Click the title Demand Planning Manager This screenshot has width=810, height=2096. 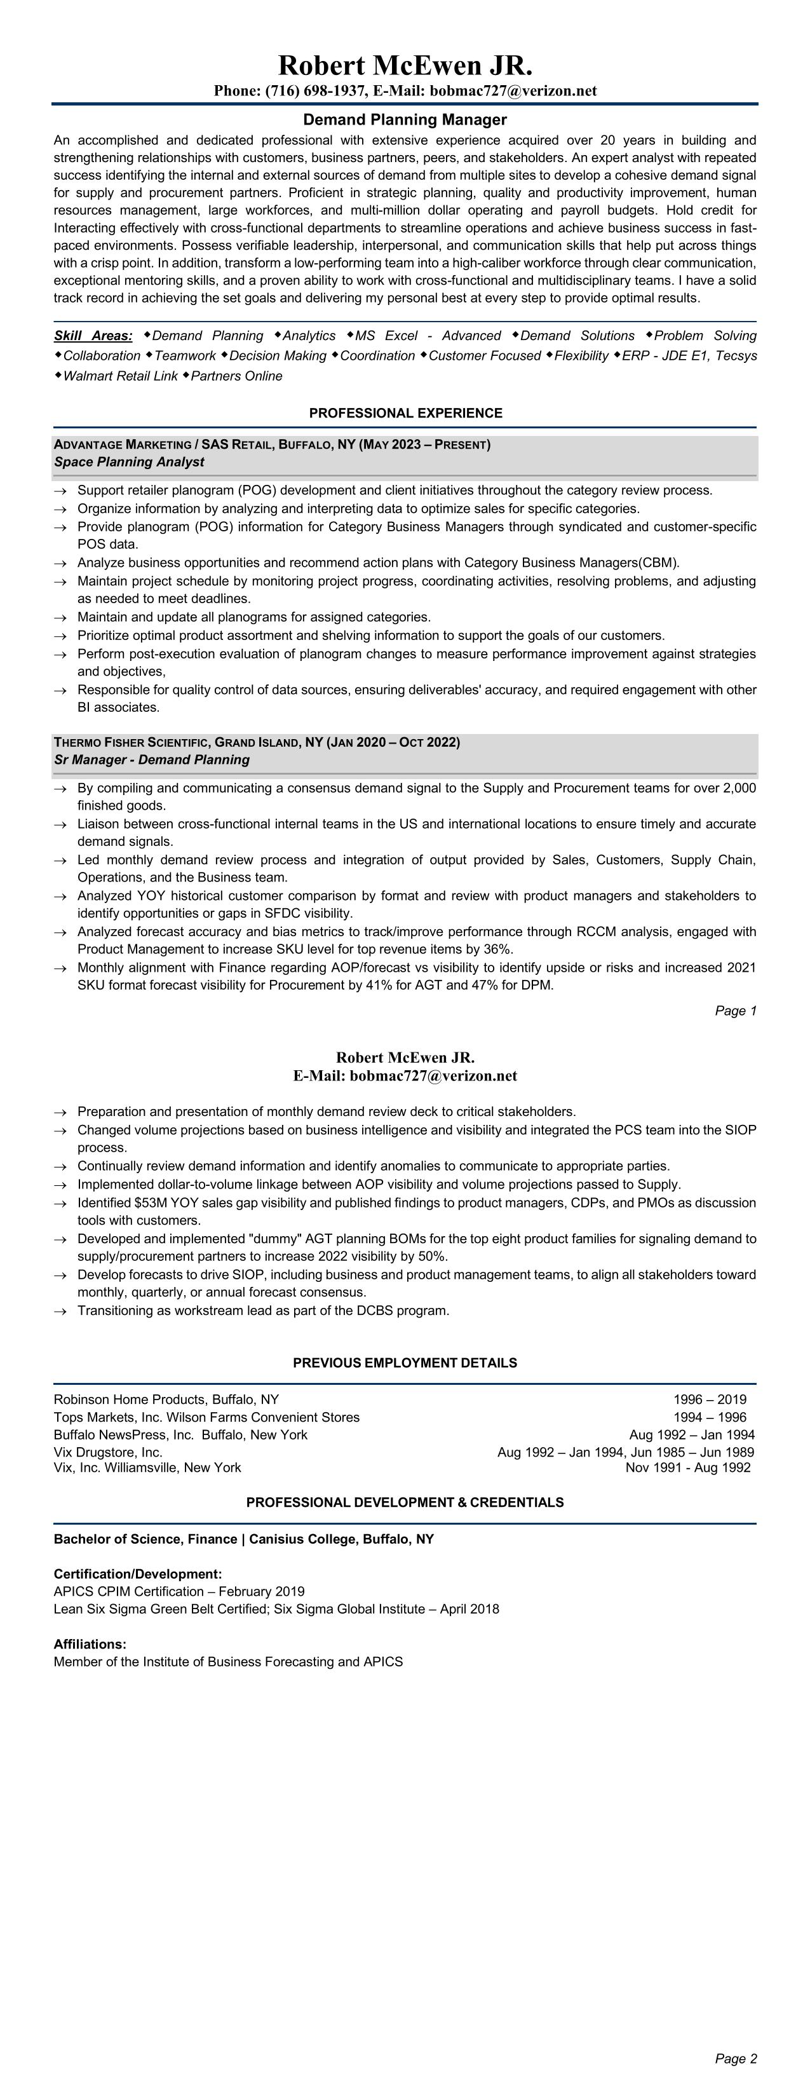point(405,119)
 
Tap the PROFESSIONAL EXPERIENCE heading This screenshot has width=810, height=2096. point(405,413)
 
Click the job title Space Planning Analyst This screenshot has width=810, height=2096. point(130,462)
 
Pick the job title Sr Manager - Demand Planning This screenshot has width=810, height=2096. point(151,760)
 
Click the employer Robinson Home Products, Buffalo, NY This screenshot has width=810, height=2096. point(166,1399)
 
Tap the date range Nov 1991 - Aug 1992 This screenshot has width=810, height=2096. point(688,1467)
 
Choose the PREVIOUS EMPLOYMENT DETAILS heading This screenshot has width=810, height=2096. point(405,1363)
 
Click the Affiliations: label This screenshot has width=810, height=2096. point(90,1643)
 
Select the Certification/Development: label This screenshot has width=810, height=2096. point(137,1574)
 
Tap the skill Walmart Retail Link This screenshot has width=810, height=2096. point(120,376)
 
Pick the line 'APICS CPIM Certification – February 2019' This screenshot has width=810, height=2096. point(179,1591)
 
